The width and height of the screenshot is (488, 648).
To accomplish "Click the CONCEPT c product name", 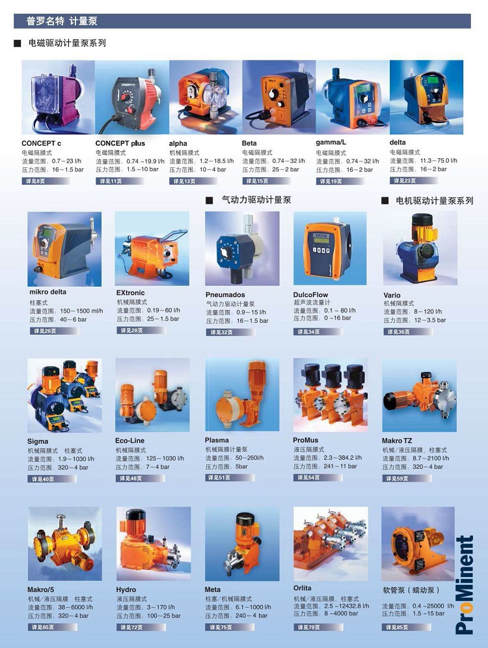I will (x=42, y=143).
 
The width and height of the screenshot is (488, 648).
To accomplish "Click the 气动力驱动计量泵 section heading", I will (x=256, y=201).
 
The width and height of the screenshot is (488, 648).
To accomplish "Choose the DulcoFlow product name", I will (x=311, y=294).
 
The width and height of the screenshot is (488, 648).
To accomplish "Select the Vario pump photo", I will (x=419, y=248).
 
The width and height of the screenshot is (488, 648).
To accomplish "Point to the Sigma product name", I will (x=38, y=442).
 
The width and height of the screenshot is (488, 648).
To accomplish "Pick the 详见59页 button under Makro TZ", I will (x=397, y=478).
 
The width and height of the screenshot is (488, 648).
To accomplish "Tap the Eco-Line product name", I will (x=129, y=441).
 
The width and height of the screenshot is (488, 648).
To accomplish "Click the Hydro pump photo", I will (x=154, y=543).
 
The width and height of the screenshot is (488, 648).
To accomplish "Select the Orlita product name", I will (x=303, y=588).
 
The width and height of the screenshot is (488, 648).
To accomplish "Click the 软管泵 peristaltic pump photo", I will (x=417, y=544).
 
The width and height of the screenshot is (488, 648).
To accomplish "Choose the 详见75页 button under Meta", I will (x=219, y=627).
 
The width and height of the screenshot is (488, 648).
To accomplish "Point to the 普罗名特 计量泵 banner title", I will (x=62, y=21).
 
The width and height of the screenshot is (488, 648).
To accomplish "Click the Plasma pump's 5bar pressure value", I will (x=242, y=466).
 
